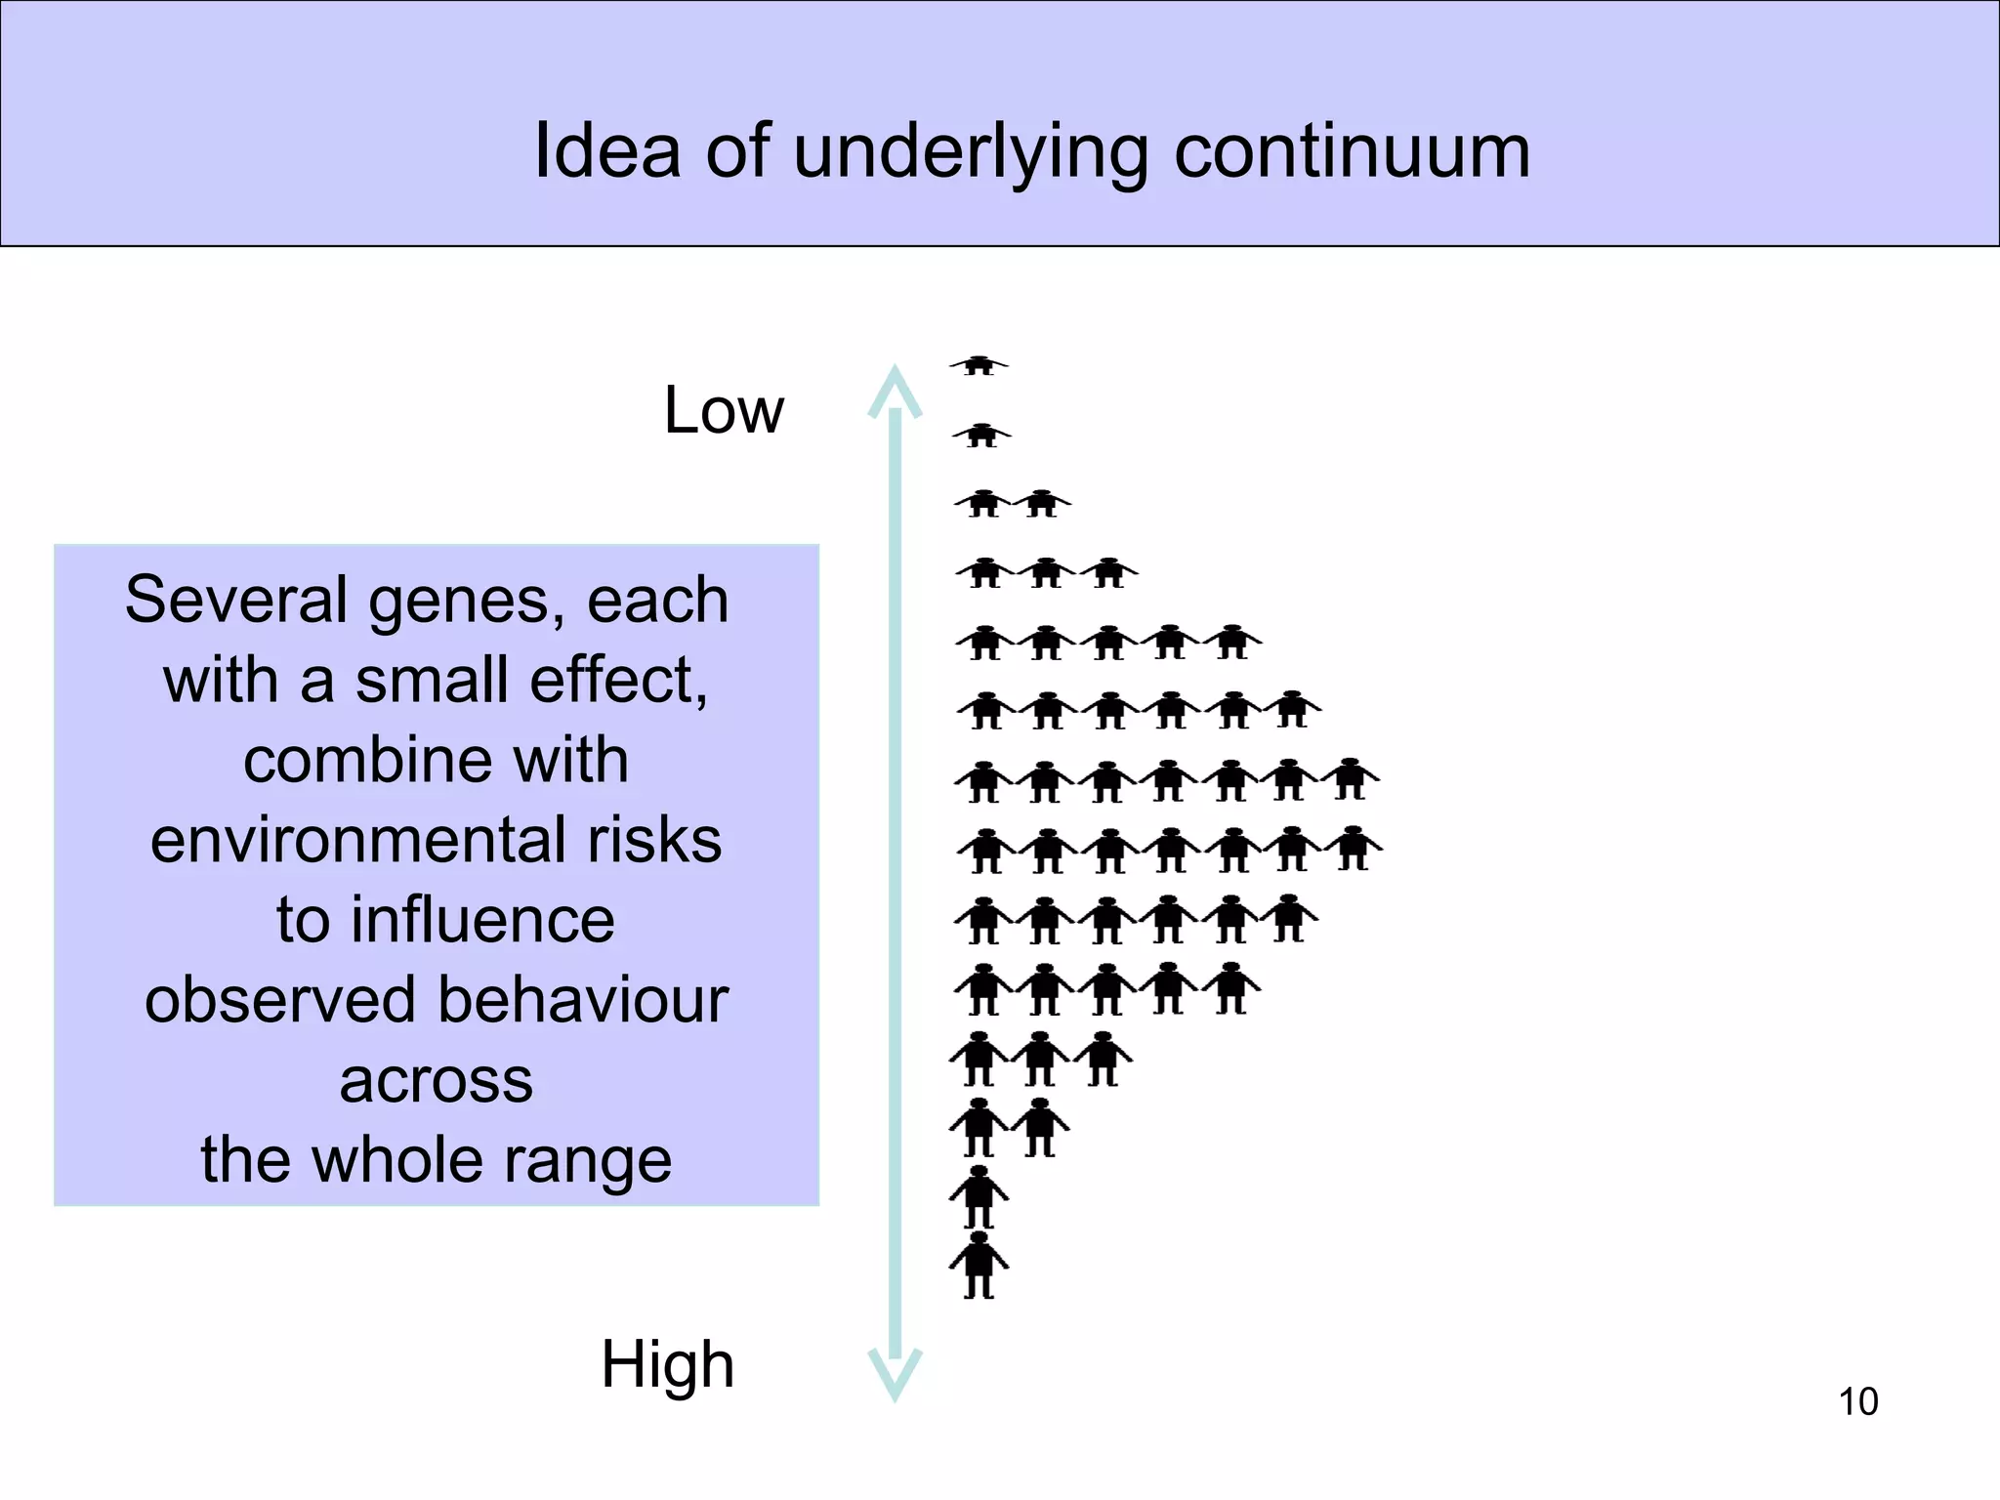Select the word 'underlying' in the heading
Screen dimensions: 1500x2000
(x=971, y=154)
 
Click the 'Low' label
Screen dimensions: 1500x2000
(x=724, y=410)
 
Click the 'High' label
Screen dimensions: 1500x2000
(x=668, y=1364)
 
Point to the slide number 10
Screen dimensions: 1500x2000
(x=1858, y=1401)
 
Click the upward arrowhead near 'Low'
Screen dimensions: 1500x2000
(x=895, y=392)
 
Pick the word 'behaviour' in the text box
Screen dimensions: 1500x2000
(x=583, y=1000)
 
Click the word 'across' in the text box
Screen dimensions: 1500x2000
(x=437, y=1081)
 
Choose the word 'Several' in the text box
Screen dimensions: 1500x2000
(x=237, y=600)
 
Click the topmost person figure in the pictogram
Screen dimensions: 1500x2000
(x=979, y=365)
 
